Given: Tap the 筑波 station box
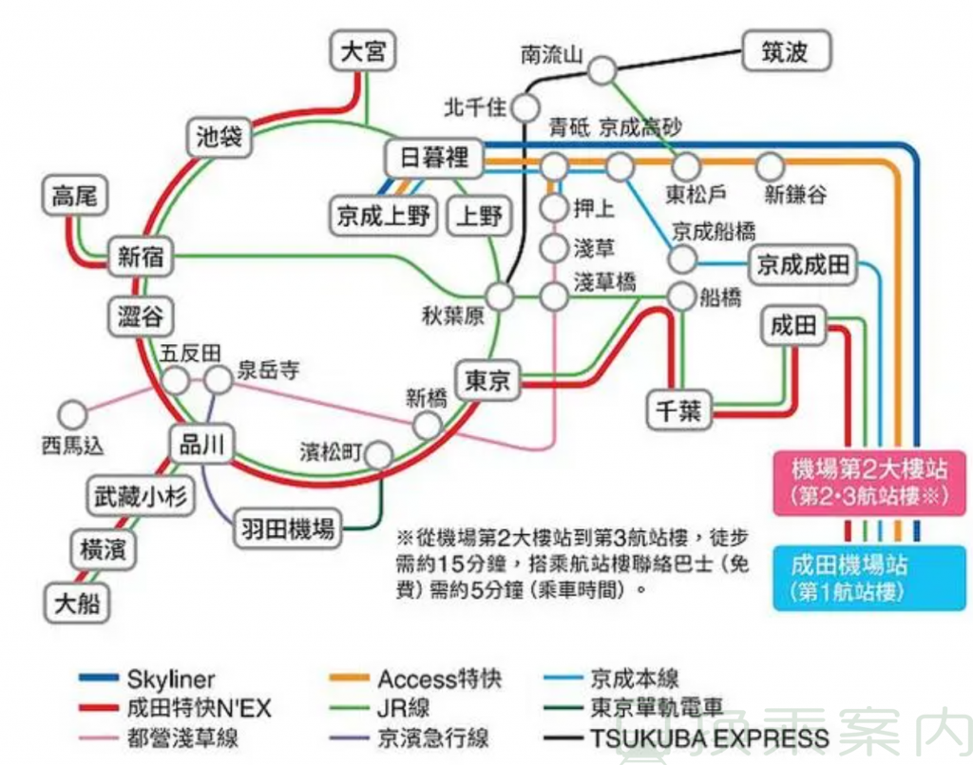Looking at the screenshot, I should click(785, 51).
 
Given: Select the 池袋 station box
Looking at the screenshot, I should click(219, 139).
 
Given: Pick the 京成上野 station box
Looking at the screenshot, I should click(384, 216).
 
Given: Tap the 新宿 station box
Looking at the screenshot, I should click(142, 256).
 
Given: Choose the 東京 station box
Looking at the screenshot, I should click(488, 381).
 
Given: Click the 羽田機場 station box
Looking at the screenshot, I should click(286, 528).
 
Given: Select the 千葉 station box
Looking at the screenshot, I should click(677, 410).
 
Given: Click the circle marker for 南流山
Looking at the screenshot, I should click(601, 71).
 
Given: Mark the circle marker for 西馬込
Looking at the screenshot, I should click(72, 413).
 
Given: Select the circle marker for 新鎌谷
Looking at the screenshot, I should click(770, 167).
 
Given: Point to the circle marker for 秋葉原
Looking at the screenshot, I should click(500, 296).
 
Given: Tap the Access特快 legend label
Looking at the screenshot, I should click(439, 679).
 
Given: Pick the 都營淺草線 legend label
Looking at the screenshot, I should click(182, 738).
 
